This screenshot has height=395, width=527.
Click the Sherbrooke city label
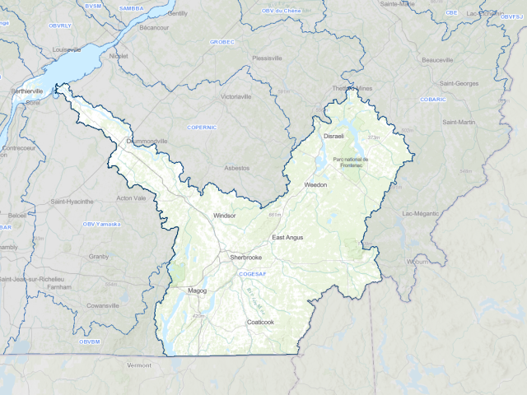coord(245,258)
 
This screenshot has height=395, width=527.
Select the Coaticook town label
coord(260,322)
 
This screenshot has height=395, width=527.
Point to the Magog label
coord(197,290)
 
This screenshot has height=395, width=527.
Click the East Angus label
coord(288,237)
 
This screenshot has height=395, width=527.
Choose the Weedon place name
coord(316,185)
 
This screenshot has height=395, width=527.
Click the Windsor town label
coord(224,215)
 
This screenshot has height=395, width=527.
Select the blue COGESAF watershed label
coord(251,273)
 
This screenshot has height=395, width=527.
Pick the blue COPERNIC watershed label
coord(201,128)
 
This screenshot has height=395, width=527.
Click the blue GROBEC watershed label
coord(222,41)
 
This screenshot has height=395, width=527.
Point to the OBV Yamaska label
coord(101,224)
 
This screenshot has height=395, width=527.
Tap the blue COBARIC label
coord(432,99)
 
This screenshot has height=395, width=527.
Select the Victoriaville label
coord(236,96)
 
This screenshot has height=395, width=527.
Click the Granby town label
coord(99,256)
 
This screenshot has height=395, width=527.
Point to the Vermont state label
coord(140,364)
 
